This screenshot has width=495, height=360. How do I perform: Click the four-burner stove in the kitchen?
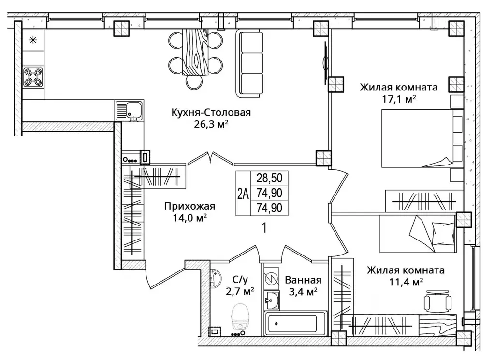tap(33, 77)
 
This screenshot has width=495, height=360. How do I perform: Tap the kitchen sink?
tap(129, 111)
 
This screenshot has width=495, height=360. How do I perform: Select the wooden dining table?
tap(196, 53)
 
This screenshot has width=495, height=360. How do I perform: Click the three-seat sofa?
tap(249, 63)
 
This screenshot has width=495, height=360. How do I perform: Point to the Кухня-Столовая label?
tap(211, 112)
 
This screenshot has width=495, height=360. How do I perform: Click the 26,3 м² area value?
tap(211, 124)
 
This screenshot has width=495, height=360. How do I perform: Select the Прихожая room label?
tap(189, 207)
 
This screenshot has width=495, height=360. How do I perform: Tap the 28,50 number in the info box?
tap(269, 178)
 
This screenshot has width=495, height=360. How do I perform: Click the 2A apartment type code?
tap(243, 194)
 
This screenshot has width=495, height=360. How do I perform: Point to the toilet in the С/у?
tap(241, 316)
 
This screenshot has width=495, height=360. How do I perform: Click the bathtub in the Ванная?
tap(295, 323)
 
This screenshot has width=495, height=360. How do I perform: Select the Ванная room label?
tap(303, 280)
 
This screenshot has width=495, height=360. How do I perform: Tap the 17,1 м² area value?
tap(399, 99)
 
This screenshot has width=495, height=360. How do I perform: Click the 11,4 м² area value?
tap(406, 282)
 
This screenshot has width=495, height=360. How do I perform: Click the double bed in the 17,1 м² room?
tap(422, 138)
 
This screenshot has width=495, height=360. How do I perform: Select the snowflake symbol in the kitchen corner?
tap(33, 40)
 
